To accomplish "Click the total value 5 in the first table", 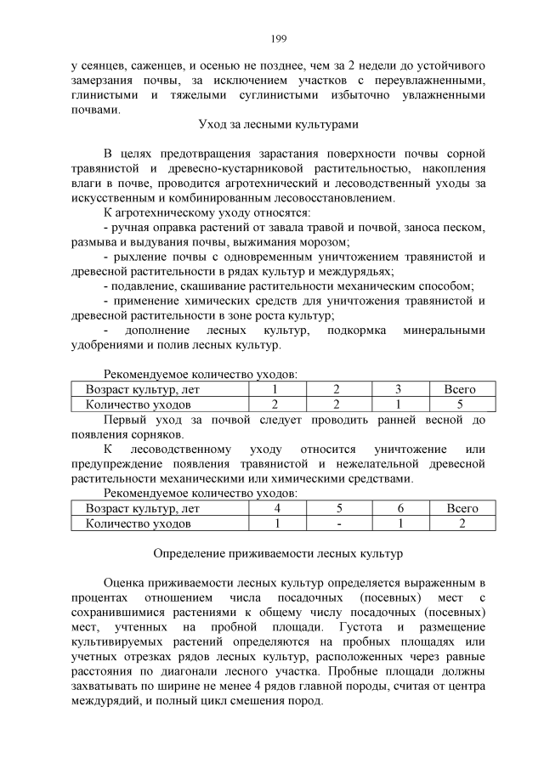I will (x=459, y=404).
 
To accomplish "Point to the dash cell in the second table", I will (x=338, y=523).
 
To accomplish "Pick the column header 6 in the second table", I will (x=399, y=508).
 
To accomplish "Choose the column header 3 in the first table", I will (x=398, y=389).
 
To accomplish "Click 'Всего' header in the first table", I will (x=459, y=389).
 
